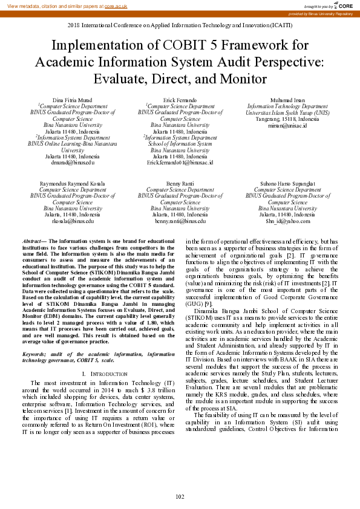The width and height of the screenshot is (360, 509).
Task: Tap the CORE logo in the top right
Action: point(343,5)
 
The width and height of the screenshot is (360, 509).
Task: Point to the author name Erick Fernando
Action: point(180,99)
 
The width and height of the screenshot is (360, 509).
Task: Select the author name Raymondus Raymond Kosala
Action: point(73,183)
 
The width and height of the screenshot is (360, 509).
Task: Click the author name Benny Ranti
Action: point(180,183)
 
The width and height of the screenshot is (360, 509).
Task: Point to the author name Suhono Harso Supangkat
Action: point(287,183)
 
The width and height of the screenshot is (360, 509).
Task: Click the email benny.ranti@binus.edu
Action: point(180,221)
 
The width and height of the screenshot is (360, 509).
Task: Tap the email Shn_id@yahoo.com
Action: point(287,221)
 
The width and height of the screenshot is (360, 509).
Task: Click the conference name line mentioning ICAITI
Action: point(180,26)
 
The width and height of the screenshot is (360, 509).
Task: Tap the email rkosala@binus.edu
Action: point(73,221)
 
